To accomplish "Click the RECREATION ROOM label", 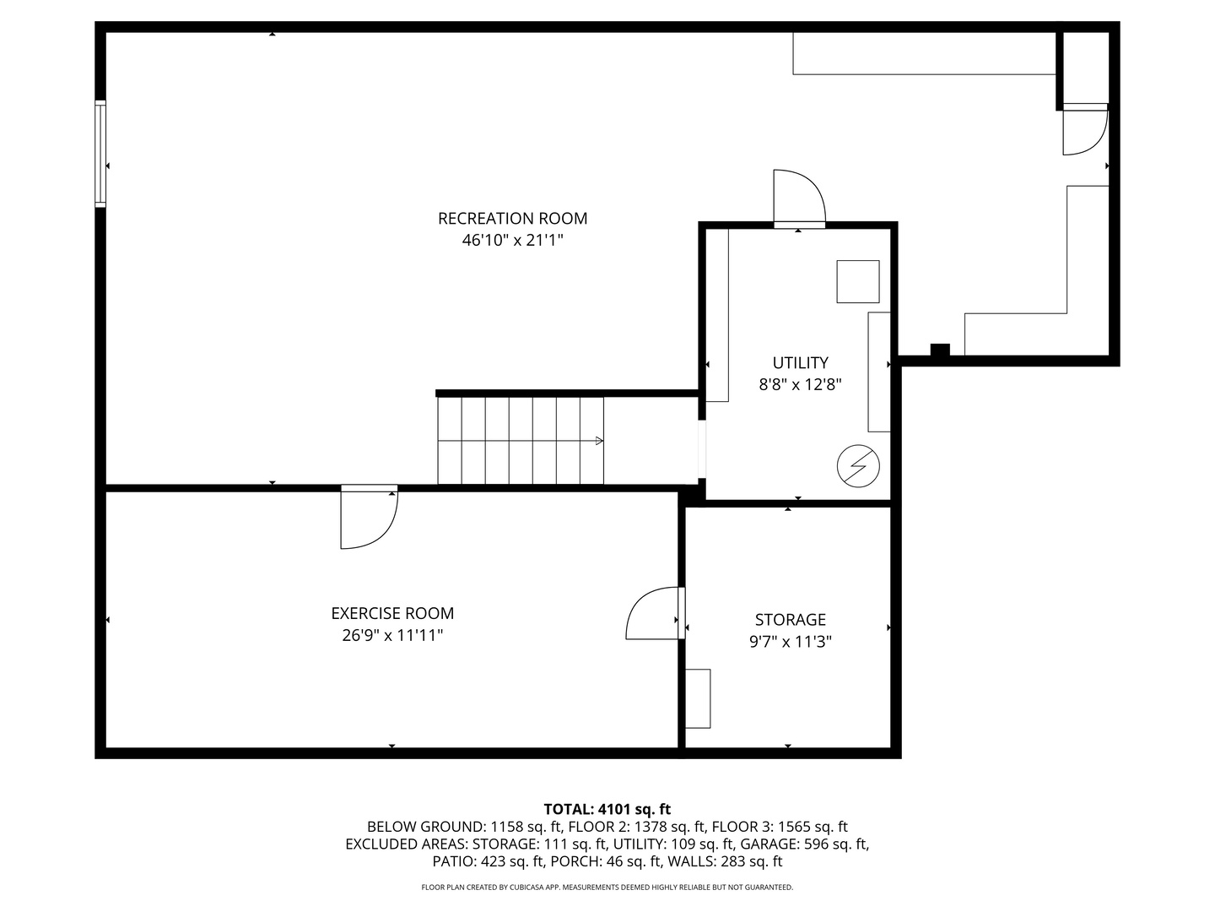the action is pyautogui.click(x=512, y=219).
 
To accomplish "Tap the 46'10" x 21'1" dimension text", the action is pyautogui.click(x=512, y=241).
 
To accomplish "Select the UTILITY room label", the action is pyautogui.click(x=800, y=363).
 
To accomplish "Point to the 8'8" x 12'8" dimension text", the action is pyautogui.click(x=800, y=384).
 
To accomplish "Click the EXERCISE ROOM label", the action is pyautogui.click(x=392, y=613).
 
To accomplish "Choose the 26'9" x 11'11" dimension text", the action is pyautogui.click(x=392, y=635).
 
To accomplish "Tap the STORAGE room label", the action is pyautogui.click(x=790, y=619).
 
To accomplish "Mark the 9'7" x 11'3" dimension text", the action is pyautogui.click(x=790, y=641).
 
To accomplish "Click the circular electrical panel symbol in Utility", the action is pyautogui.click(x=857, y=466).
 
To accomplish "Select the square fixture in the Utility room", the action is pyautogui.click(x=857, y=282).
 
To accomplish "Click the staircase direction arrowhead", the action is pyautogui.click(x=599, y=441).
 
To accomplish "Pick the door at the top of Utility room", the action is pyautogui.click(x=799, y=198).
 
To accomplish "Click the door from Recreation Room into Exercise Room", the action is pyautogui.click(x=369, y=516).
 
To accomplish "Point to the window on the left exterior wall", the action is pyautogui.click(x=100, y=154).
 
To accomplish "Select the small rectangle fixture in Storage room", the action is pyautogui.click(x=698, y=698).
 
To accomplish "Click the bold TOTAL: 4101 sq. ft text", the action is pyautogui.click(x=607, y=809).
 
